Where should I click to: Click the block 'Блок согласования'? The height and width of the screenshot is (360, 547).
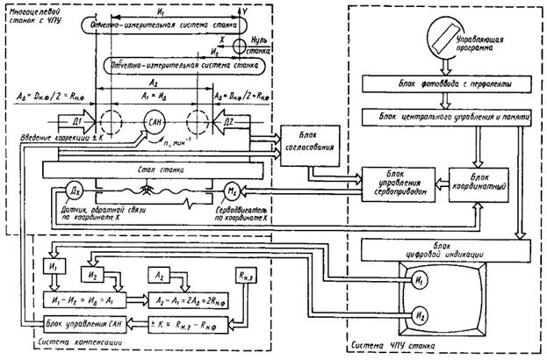pyautogui.click(x=306, y=142)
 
